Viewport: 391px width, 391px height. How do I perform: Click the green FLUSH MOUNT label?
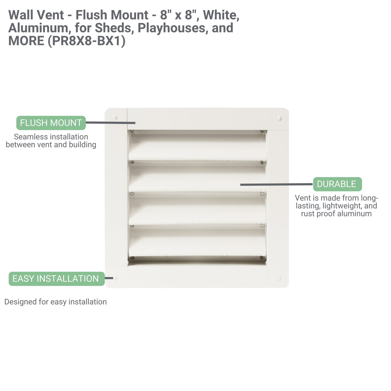[x=51, y=123]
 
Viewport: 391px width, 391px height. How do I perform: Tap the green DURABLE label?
[x=337, y=184]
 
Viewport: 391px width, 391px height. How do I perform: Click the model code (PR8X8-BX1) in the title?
[x=87, y=41]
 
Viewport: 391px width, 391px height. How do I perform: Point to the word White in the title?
[x=221, y=15]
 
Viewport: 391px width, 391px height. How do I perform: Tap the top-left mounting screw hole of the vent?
[x=115, y=118]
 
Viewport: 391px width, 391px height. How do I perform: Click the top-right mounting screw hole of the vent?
[x=280, y=118]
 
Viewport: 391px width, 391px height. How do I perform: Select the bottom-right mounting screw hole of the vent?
[x=279, y=278]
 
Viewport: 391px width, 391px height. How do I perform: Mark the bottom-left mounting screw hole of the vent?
[x=116, y=278]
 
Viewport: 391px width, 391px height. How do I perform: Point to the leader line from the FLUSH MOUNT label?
[x=110, y=123]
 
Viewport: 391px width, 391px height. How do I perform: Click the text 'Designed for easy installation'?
[x=56, y=302]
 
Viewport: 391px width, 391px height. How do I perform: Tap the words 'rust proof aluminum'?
[x=336, y=214]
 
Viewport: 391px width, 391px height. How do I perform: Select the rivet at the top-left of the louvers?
[x=132, y=131]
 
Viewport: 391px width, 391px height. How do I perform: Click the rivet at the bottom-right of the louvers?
[x=262, y=258]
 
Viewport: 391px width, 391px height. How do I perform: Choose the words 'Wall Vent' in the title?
[x=36, y=15]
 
